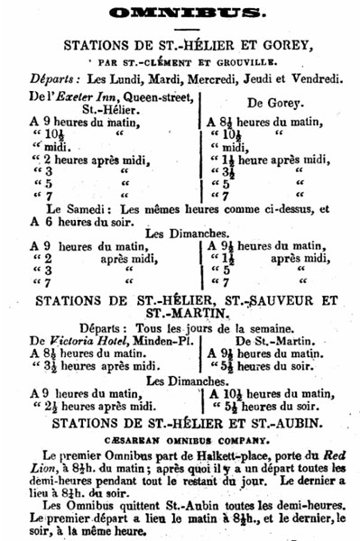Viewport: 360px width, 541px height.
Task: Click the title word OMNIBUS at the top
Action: pyautogui.click(x=185, y=13)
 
